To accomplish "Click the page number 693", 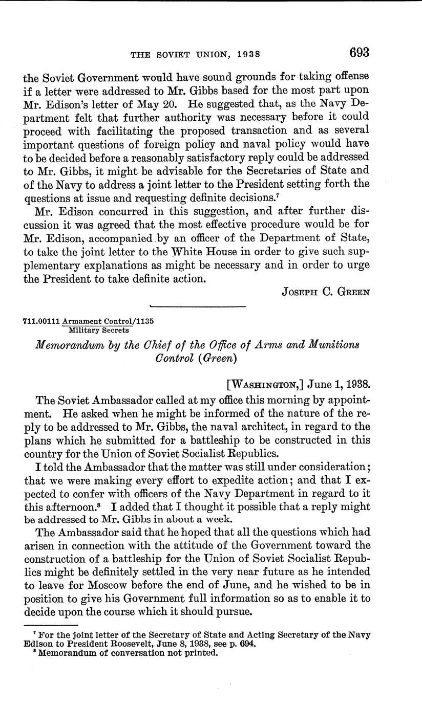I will click(x=359, y=53).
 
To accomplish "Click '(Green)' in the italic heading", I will click(x=215, y=358).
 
